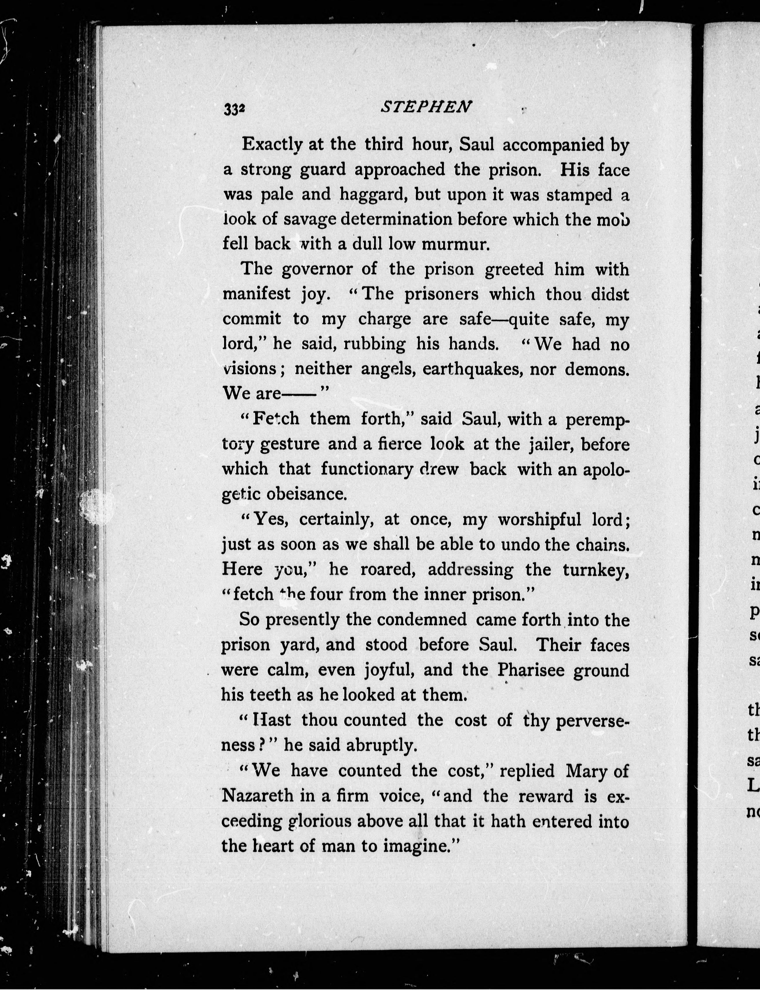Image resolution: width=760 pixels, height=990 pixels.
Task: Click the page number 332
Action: pyautogui.click(x=234, y=109)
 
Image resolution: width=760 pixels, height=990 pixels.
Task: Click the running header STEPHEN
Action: pyautogui.click(x=426, y=107)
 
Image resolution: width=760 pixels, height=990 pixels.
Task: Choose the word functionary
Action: pyautogui.click(x=367, y=469)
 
